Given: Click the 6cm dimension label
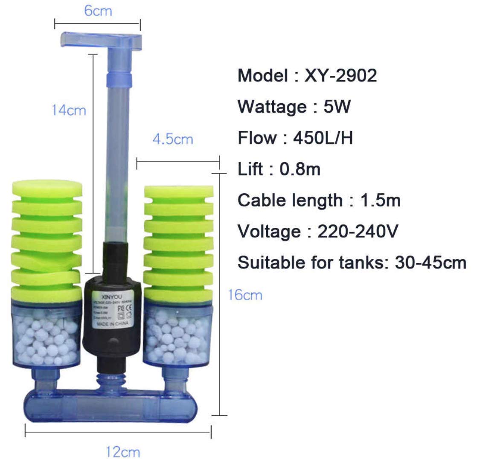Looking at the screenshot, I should click(x=98, y=11).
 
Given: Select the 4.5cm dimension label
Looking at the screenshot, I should click(x=173, y=139).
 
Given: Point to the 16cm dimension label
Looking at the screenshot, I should click(x=245, y=295).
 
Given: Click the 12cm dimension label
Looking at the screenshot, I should click(x=123, y=451).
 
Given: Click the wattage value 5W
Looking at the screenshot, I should click(x=337, y=107).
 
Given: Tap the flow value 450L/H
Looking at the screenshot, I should click(x=323, y=138).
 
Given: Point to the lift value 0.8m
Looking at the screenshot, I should click(x=300, y=169).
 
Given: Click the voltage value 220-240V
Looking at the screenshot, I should click(x=358, y=232).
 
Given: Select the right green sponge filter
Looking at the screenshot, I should click(x=179, y=241).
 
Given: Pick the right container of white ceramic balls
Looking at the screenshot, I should click(x=177, y=335).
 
